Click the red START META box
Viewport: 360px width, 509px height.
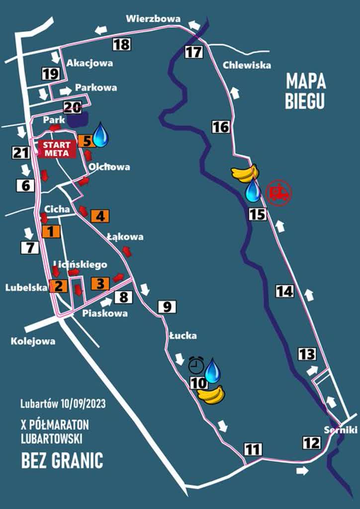click(57, 149)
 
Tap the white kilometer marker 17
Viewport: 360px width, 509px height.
click(194, 52)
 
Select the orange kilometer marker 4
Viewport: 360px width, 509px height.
click(100, 216)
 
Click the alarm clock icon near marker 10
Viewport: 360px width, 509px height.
click(196, 367)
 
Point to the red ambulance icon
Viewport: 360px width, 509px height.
click(278, 192)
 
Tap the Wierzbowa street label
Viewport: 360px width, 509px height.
click(153, 19)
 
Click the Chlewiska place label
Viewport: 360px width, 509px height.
click(247, 65)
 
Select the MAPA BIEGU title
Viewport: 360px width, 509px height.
click(305, 90)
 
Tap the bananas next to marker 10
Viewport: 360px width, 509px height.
click(211, 395)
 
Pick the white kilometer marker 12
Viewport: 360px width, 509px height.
click(312, 442)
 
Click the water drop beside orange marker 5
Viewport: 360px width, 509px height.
click(101, 135)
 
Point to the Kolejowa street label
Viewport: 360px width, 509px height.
click(33, 341)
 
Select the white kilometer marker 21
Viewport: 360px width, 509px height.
click(20, 153)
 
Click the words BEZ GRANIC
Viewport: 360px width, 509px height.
click(62, 460)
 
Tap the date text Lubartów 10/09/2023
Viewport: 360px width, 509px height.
click(63, 404)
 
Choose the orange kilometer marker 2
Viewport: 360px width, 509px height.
click(58, 286)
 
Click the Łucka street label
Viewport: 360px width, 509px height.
click(182, 336)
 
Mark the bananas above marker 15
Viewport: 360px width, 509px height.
click(245, 173)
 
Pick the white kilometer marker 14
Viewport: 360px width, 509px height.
click(285, 291)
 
